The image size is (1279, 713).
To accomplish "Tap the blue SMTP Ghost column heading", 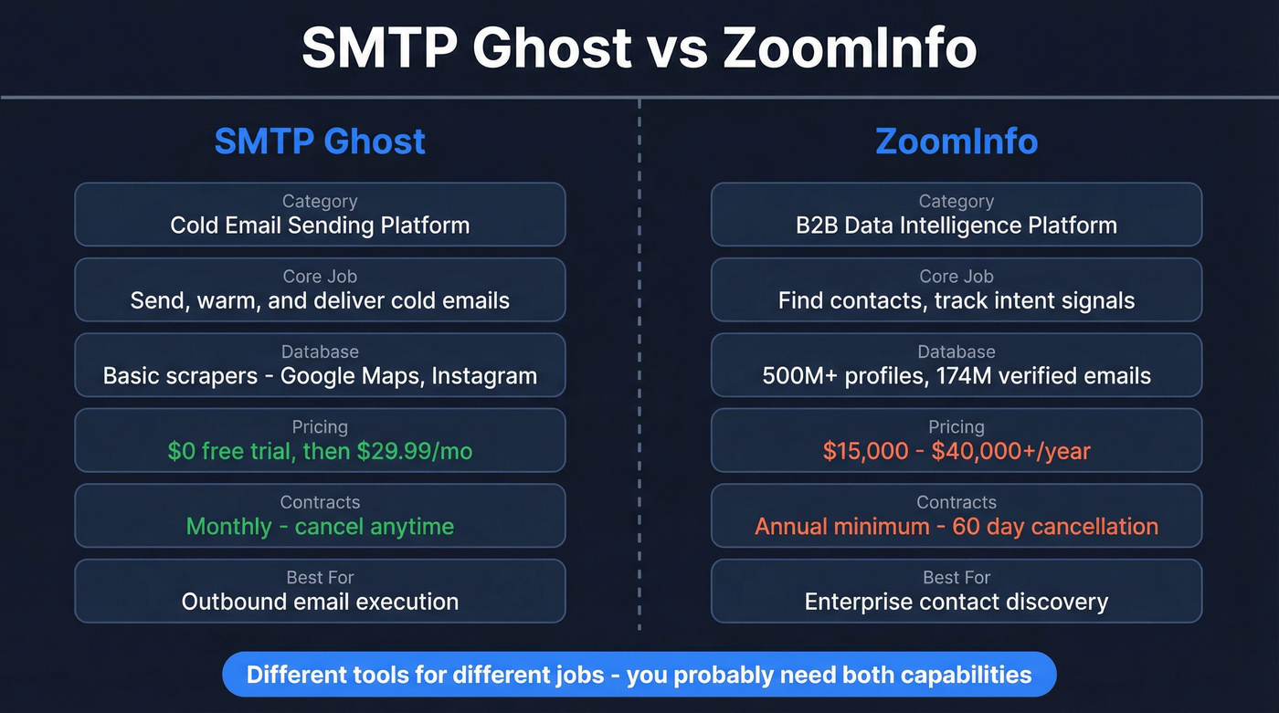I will click(x=320, y=142).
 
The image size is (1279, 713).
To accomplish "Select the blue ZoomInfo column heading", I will click(x=957, y=142).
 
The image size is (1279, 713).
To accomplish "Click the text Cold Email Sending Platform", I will click(x=320, y=225).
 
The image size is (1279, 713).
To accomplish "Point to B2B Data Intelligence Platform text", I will click(x=957, y=225).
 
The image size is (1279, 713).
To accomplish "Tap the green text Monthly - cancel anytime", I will click(x=320, y=527).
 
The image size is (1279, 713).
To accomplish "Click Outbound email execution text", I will click(x=320, y=602).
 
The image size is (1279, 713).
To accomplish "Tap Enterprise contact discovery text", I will click(x=957, y=602).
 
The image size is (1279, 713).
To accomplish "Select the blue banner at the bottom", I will click(x=639, y=676).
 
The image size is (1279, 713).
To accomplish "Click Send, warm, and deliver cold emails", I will click(x=320, y=300).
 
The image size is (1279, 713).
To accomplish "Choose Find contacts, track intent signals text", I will click(x=957, y=300).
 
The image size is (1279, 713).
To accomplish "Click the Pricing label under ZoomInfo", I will click(x=957, y=427).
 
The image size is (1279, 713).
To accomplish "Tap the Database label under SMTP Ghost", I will click(x=320, y=352).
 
